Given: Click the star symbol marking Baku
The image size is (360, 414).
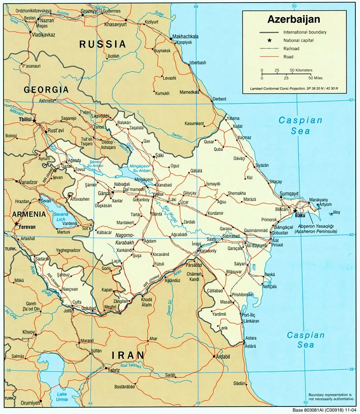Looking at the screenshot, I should [x=295, y=210].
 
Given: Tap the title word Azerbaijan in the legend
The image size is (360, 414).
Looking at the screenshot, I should [x=293, y=19].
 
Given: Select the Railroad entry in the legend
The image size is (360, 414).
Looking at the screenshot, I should [x=291, y=49].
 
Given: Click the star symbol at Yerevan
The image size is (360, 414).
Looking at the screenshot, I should [x=16, y=224].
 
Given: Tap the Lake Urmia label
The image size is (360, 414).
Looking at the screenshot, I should [x=61, y=397].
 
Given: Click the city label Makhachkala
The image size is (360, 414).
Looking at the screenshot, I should [x=185, y=37].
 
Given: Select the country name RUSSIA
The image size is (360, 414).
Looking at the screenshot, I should [x=102, y=44].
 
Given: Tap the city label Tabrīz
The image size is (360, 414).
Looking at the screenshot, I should [x=113, y=370].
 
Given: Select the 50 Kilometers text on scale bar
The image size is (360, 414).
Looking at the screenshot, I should [x=301, y=70].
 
